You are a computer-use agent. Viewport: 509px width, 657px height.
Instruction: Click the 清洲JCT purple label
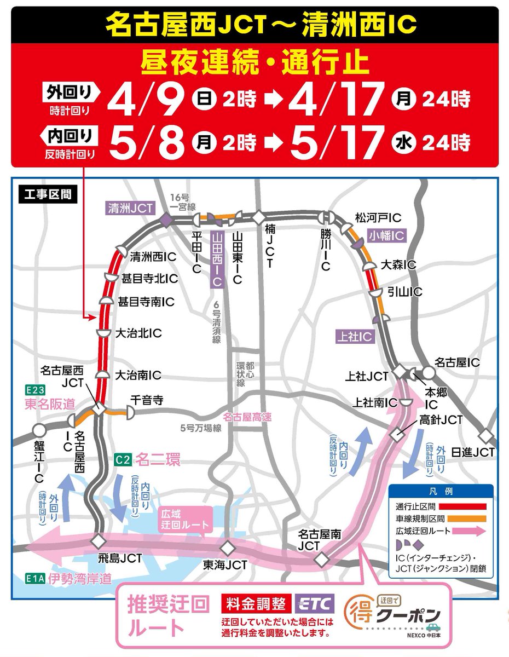[x=130, y=207]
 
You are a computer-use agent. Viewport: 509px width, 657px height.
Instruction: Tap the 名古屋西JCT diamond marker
[x=99, y=408]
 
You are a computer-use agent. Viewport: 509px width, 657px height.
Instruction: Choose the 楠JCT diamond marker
[x=257, y=217]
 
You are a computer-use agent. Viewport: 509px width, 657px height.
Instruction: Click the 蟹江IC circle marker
[x=38, y=430]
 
